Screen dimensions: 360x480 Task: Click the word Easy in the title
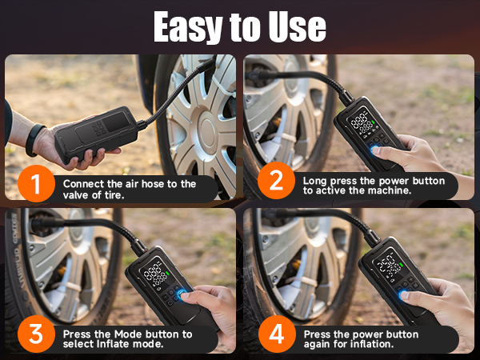(x=185, y=27)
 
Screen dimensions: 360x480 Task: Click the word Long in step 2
(x=315, y=181)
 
